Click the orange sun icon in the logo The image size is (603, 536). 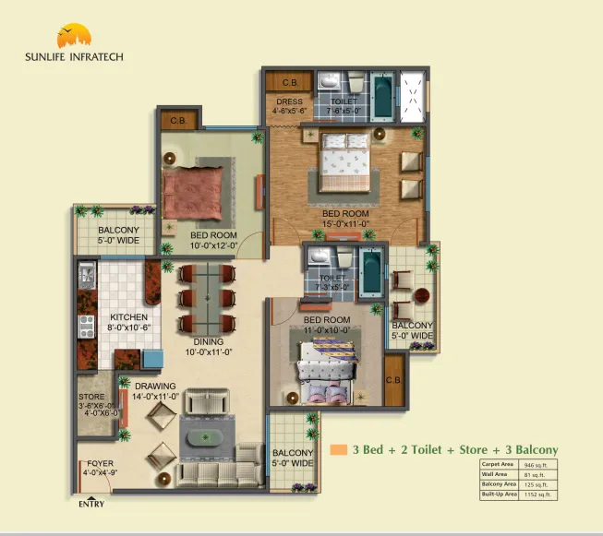pyautogui.click(x=74, y=37)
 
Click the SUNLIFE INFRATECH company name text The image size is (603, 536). pyautogui.click(x=74, y=56)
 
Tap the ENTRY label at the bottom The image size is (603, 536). pyautogui.click(x=91, y=503)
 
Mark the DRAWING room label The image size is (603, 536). pyautogui.click(x=156, y=386)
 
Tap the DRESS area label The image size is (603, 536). pyautogui.click(x=289, y=101)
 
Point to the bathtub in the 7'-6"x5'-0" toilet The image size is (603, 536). pyautogui.click(x=383, y=93)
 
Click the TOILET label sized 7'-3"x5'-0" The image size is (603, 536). pyautogui.click(x=332, y=278)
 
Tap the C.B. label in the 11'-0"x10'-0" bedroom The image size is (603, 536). pyautogui.click(x=392, y=380)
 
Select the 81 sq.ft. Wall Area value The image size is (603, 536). pyautogui.click(x=537, y=475)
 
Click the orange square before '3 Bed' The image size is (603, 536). pyautogui.click(x=339, y=450)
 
